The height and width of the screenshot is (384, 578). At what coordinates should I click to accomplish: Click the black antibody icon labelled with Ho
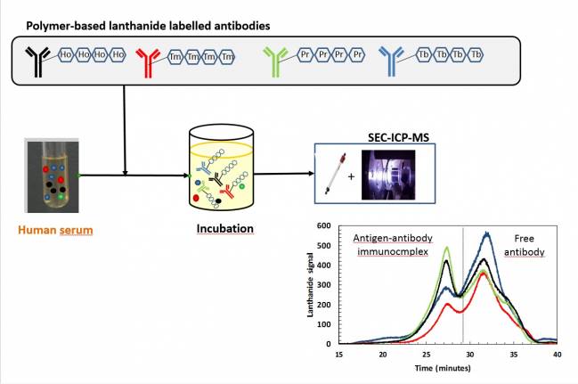(37, 61)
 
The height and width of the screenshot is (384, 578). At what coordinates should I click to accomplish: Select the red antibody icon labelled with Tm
(148, 62)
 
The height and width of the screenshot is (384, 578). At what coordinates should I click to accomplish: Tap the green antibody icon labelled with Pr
(275, 61)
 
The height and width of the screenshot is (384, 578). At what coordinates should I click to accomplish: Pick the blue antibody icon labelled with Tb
(391, 61)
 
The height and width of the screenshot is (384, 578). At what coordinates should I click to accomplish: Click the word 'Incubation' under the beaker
(224, 229)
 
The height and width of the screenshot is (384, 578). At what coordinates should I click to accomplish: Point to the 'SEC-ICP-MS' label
(398, 137)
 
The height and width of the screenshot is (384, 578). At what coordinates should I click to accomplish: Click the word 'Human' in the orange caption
(37, 230)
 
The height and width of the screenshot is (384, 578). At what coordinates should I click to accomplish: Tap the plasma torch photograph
(388, 175)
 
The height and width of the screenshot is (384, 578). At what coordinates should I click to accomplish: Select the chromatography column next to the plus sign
(335, 173)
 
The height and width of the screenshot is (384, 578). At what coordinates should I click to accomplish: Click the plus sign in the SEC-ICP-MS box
(351, 176)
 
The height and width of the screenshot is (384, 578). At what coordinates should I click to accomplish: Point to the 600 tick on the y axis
(323, 225)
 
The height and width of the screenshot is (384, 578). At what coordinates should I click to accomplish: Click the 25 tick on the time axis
(426, 355)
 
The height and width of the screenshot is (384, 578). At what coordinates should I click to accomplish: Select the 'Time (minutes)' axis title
(443, 368)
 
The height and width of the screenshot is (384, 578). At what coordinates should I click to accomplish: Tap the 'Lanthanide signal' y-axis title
(310, 285)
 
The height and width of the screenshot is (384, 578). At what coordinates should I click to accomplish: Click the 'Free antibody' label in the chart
(525, 245)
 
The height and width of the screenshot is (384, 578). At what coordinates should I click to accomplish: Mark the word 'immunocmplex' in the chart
(393, 252)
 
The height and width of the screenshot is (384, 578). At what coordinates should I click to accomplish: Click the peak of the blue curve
(487, 233)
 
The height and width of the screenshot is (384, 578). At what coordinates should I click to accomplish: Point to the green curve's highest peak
(447, 247)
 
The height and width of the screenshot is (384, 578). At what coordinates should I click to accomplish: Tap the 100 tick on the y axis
(323, 324)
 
